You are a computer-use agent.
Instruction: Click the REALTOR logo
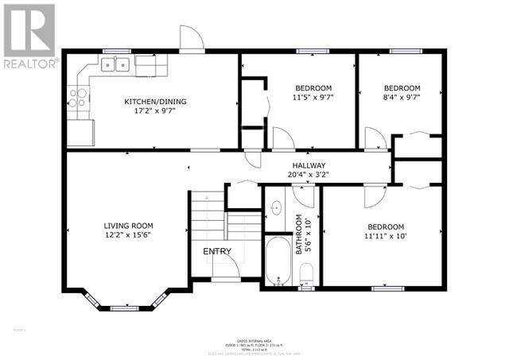tap(29, 35)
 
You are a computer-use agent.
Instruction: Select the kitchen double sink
tap(118, 64)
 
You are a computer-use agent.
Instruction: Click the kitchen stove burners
tap(78, 97)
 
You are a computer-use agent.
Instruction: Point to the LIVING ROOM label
tap(127, 226)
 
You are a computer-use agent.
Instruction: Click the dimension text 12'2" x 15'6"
tap(127, 236)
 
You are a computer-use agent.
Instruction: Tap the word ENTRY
tap(217, 252)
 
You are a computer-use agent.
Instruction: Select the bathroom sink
tap(276, 208)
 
